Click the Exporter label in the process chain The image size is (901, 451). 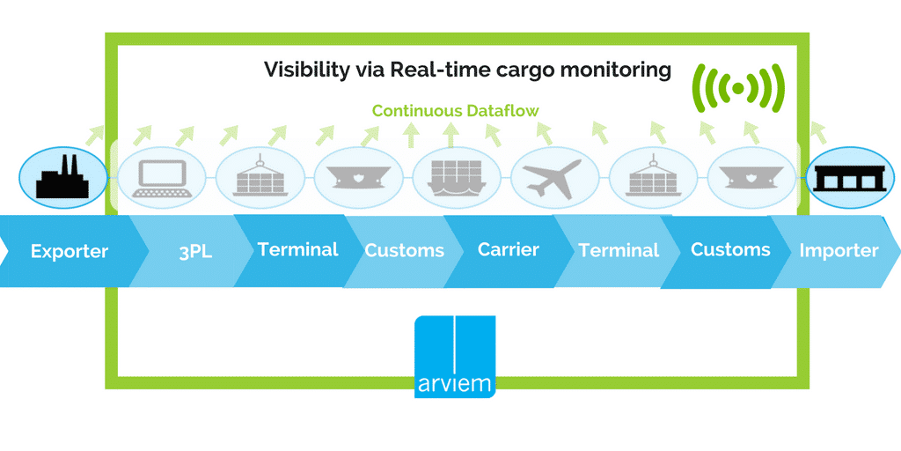click(x=69, y=251)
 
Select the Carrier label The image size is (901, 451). click(x=508, y=249)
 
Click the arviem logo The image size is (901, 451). click(x=455, y=356)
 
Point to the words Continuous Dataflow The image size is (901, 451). click(x=455, y=111)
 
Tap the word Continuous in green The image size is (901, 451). click(x=414, y=111)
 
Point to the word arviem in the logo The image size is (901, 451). click(x=455, y=385)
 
